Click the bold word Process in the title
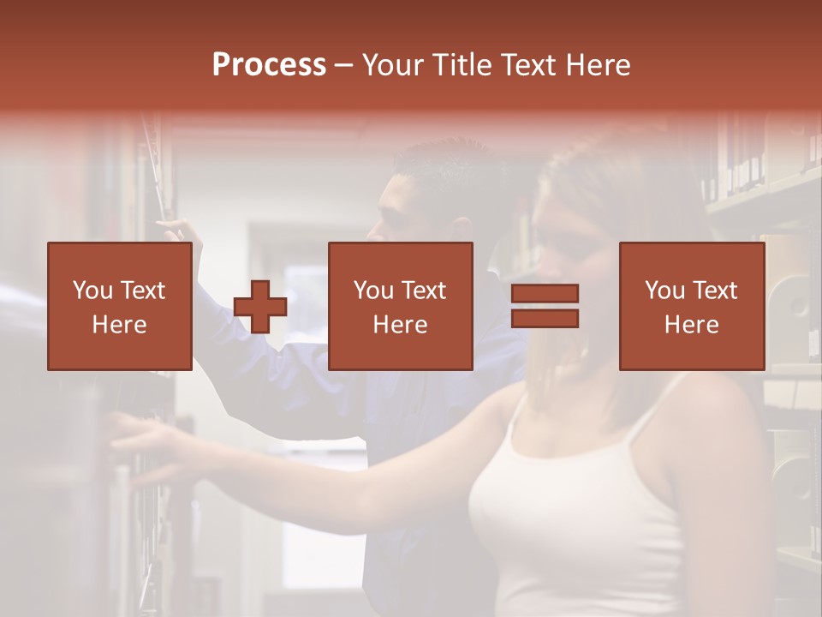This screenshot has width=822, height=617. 269,65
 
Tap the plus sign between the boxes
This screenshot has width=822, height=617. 260,307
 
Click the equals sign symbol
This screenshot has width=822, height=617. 545,306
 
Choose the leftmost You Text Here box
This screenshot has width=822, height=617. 120,306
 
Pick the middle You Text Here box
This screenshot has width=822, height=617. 401,306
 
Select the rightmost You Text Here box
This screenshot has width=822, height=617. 692,306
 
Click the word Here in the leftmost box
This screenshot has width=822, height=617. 120,325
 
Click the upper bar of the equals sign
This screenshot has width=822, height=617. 545,293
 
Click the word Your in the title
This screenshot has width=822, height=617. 396,65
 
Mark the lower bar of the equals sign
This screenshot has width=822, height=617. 545,319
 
